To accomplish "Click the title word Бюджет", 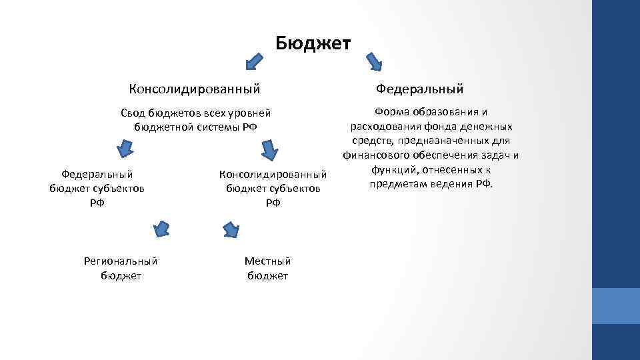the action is (x=313, y=44).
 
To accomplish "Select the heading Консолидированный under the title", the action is (x=194, y=89).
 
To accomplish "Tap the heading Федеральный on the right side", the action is (x=419, y=89).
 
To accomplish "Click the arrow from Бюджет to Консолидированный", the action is (x=254, y=61).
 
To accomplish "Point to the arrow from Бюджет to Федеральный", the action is (x=374, y=61).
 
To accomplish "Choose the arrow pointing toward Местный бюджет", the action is (x=231, y=229).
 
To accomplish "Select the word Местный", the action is (x=267, y=261).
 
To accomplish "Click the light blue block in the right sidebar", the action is (x=616, y=306).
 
